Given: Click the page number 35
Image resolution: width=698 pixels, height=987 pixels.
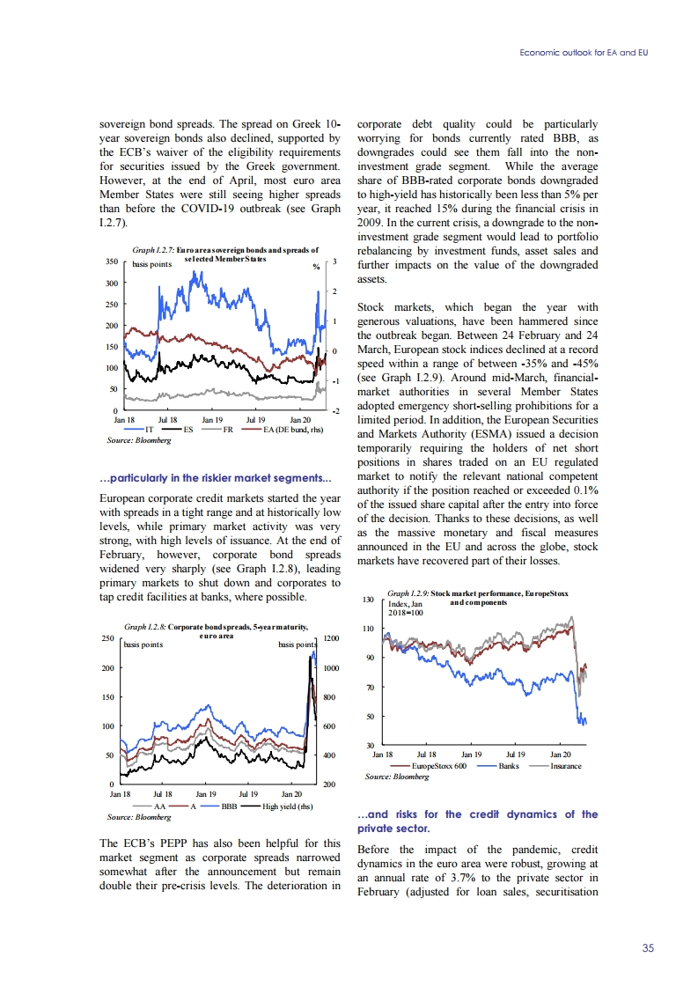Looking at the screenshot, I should click(x=648, y=948).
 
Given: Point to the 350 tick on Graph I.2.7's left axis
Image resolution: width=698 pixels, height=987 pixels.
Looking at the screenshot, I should click(x=111, y=262).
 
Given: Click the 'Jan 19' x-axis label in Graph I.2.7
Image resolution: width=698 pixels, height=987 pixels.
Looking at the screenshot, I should click(x=213, y=421).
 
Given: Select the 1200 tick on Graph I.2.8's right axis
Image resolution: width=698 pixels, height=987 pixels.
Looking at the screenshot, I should click(x=332, y=639).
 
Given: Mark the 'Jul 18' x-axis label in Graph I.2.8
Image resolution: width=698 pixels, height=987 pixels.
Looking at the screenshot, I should click(x=165, y=793).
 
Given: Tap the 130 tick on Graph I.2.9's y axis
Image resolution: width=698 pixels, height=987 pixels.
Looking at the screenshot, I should click(x=368, y=600).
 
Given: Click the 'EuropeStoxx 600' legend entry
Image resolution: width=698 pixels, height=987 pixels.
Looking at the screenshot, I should click(x=438, y=766).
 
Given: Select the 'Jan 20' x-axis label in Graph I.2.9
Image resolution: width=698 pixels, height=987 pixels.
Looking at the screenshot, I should click(x=561, y=755).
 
